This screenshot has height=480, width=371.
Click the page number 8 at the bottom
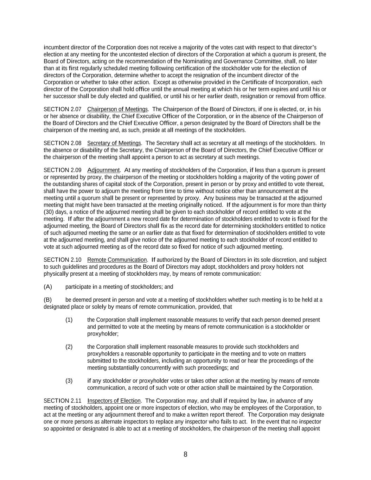click(185, 454)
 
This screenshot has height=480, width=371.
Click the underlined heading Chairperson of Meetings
click(117, 109)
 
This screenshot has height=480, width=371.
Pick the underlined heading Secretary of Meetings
click(114, 143)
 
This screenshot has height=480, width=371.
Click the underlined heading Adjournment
click(103, 170)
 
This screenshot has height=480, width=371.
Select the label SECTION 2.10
click(62, 260)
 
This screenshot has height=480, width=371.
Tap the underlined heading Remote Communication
click(117, 260)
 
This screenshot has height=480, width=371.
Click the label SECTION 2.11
click(62, 401)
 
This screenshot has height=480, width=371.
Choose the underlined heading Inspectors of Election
click(114, 401)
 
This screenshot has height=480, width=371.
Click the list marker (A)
click(48, 287)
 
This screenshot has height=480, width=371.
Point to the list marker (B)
click(48, 300)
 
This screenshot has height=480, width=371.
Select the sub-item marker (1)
click(69, 320)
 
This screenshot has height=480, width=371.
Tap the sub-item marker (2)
click(69, 347)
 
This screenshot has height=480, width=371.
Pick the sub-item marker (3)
click(69, 381)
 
